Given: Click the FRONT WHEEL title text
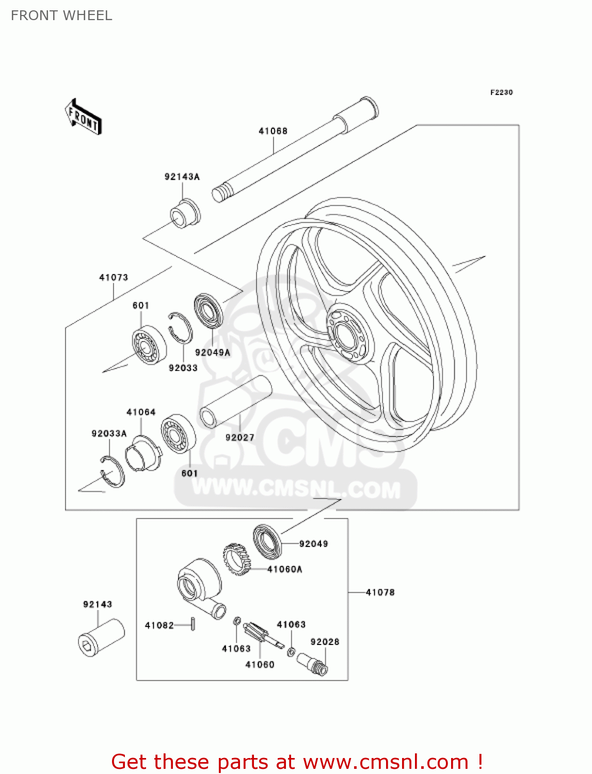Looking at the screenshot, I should (x=61, y=15).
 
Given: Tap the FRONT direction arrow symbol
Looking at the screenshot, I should (x=83, y=117).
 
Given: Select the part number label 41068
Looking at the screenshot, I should (x=273, y=131).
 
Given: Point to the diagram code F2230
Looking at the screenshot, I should (x=501, y=92).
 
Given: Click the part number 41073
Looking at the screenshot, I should (x=114, y=278).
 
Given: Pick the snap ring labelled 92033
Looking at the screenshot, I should (x=180, y=328).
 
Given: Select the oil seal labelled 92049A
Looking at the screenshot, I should (x=209, y=311).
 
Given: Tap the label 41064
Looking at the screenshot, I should (x=141, y=412).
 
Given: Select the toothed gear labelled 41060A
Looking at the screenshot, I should (x=237, y=559).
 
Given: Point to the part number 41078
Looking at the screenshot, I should (x=380, y=592).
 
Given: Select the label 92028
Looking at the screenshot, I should (x=325, y=642).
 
